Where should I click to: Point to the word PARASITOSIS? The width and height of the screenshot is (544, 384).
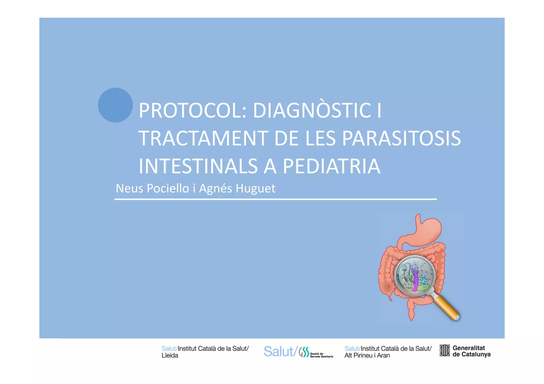(401, 138)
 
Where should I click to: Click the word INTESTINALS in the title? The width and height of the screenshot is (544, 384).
(198, 166)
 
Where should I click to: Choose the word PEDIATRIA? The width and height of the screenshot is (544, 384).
(331, 166)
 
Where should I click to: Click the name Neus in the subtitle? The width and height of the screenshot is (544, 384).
(130, 188)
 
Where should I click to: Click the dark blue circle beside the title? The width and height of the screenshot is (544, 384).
(115, 105)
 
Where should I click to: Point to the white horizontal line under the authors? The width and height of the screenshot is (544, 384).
(275, 199)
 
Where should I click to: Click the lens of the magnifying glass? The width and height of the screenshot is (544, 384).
(414, 276)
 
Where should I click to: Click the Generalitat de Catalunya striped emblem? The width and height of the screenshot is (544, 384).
(445, 351)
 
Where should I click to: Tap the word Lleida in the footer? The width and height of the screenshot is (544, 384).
(170, 356)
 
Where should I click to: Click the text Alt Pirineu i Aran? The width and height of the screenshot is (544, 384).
(367, 356)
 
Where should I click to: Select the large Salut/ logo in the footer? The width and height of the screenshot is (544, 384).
(279, 351)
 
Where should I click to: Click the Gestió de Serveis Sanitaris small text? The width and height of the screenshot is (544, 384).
(321, 355)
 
